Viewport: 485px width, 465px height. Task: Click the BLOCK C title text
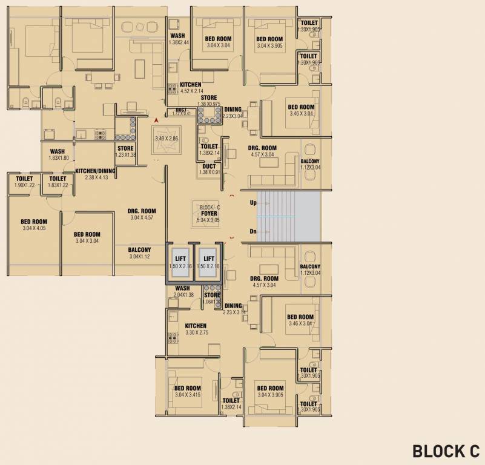[x=446, y=451]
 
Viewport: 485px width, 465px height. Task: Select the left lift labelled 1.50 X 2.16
[x=180, y=262]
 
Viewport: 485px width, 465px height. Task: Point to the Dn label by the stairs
[x=253, y=232]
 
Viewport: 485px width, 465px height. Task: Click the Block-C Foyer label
[x=209, y=214]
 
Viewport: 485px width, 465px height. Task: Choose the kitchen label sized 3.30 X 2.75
[x=196, y=329]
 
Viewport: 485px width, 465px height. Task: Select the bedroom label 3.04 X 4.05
[x=34, y=225]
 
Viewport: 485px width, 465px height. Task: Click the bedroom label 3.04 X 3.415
[x=188, y=392]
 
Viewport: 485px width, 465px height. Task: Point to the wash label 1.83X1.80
[x=58, y=155]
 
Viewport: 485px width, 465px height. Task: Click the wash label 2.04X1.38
[x=182, y=291]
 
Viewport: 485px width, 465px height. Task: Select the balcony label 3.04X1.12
[x=140, y=253]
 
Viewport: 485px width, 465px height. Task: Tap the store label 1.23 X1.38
[x=125, y=151]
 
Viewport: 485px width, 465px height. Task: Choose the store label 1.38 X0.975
[x=209, y=101]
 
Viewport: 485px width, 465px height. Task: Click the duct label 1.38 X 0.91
[x=209, y=170]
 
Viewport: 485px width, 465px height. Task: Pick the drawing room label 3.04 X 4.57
[x=143, y=214]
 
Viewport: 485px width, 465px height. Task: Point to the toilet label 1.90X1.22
[x=24, y=182]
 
